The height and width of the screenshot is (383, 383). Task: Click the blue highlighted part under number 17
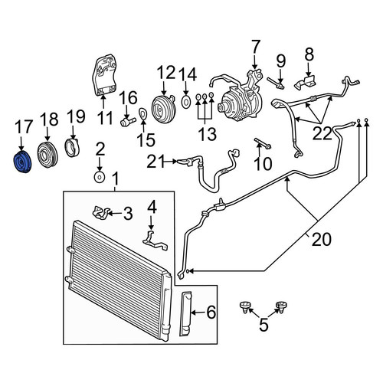(21, 162)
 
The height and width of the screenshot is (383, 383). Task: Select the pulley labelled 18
(47, 154)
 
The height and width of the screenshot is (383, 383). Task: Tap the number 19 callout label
(76, 116)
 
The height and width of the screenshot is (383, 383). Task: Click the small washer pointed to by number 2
(100, 177)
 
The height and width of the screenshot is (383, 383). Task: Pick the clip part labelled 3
(100, 213)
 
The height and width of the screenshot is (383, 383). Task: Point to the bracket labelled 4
(155, 241)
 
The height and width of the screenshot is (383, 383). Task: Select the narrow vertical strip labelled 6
(185, 313)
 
